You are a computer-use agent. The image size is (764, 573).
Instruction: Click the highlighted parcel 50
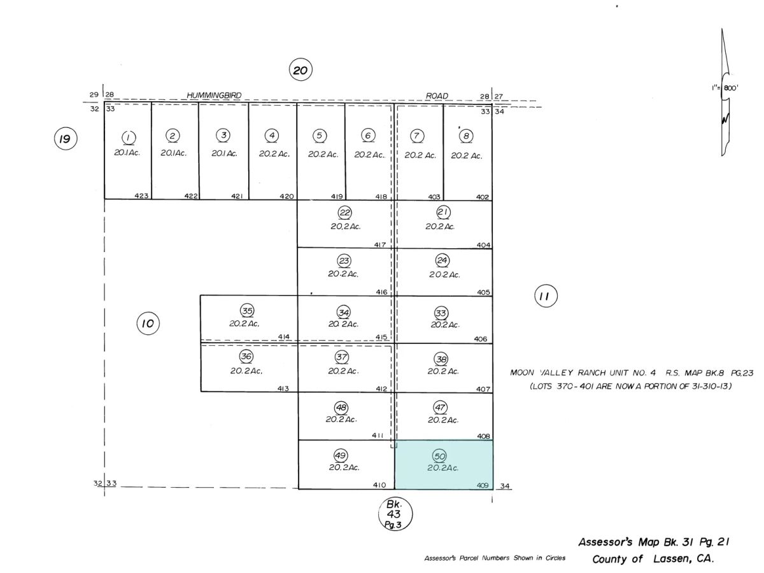click(x=443, y=465)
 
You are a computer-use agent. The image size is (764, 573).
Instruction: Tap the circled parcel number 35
click(x=247, y=310)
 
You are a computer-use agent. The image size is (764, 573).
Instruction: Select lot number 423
click(x=142, y=196)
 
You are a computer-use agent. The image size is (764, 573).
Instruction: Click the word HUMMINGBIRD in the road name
click(x=214, y=95)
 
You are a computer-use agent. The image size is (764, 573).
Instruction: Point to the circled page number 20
click(x=301, y=70)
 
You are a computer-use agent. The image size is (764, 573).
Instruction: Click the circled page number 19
click(x=66, y=138)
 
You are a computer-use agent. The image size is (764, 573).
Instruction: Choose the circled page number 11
click(x=546, y=296)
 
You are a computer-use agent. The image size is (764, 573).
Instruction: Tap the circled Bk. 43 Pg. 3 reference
click(x=395, y=514)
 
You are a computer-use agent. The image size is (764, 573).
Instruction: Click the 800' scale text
click(x=731, y=88)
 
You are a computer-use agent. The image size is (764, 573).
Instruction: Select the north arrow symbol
click(x=725, y=92)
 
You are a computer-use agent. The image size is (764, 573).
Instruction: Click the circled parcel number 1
click(x=129, y=138)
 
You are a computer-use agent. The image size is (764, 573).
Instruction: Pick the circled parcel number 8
click(x=466, y=136)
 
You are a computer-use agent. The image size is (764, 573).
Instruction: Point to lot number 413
click(x=283, y=388)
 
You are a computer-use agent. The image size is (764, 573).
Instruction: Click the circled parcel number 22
click(x=344, y=213)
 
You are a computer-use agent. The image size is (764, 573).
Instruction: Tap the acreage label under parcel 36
click(x=246, y=371)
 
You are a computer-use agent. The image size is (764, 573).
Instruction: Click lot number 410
click(x=379, y=485)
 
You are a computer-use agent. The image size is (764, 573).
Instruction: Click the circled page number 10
click(x=148, y=323)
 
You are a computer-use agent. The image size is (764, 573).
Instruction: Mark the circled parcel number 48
click(x=341, y=407)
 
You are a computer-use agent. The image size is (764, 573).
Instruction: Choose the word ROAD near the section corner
click(x=437, y=95)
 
